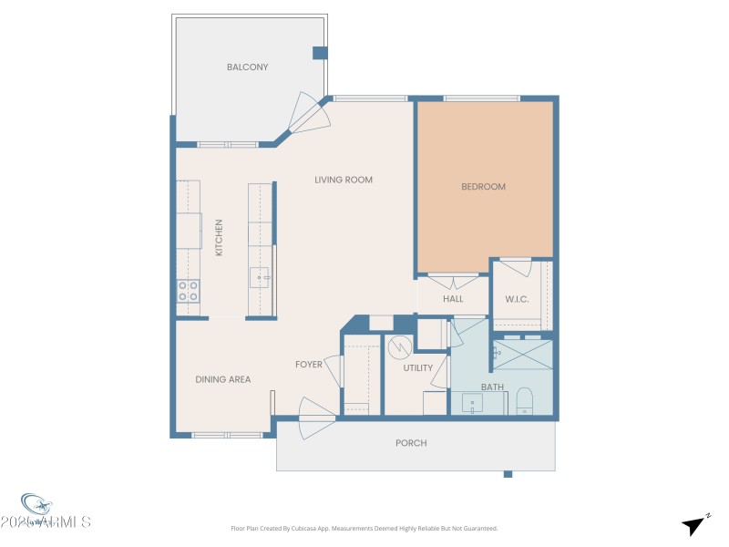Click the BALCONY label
point(248,67)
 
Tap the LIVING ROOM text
point(344,180)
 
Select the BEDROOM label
point(483,187)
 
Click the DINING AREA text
point(223,379)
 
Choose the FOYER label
point(309,365)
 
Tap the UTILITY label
point(418,368)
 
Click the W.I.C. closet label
point(518,300)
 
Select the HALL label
point(453,299)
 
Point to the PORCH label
point(411,443)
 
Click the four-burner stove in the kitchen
point(188,292)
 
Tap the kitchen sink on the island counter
point(262,277)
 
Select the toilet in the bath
point(524,400)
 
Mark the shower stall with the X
point(522,354)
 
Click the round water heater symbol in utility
point(398,348)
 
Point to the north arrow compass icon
point(694,524)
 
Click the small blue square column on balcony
point(319,53)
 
